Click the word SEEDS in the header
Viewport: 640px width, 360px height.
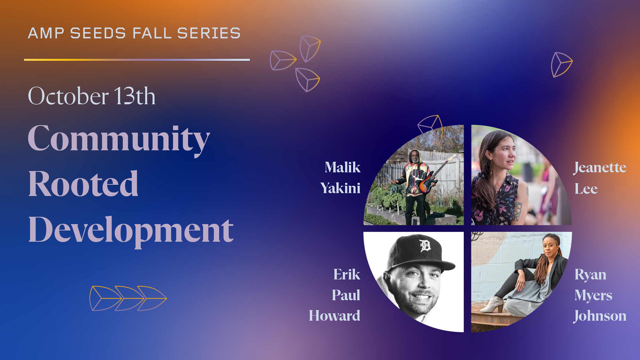coord(98,34)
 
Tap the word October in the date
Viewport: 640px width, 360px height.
coord(68,96)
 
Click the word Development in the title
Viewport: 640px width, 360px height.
coord(131,230)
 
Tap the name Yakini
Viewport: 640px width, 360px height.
coord(340,188)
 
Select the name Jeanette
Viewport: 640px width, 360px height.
coord(600,167)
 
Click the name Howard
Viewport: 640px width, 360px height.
coord(334,316)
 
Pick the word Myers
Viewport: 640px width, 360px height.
coord(593,295)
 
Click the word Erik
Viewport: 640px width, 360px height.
coord(347,274)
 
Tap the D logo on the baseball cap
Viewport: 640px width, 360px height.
coord(425,246)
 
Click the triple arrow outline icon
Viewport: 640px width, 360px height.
coord(128,298)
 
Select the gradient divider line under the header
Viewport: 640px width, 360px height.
coord(137,59)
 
